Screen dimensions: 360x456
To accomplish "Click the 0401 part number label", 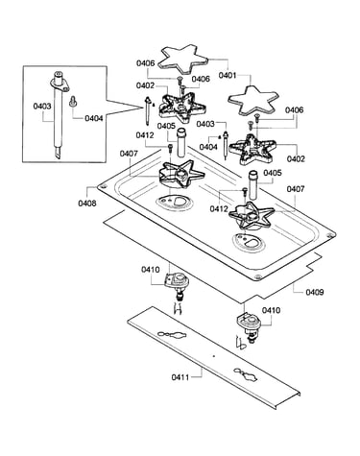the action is pyautogui.click(x=228, y=76).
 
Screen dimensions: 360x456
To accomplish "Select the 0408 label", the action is pyautogui.click(x=87, y=204).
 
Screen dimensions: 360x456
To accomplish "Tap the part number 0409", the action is pyautogui.click(x=315, y=292).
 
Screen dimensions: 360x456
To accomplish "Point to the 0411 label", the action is pyautogui.click(x=180, y=377).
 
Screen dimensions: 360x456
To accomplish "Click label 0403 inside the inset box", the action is pyautogui.click(x=42, y=106).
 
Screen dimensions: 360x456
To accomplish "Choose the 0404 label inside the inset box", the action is pyautogui.click(x=94, y=118).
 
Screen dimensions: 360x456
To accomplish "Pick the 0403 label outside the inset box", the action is pyautogui.click(x=205, y=124).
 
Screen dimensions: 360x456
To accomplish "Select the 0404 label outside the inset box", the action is pyautogui.click(x=208, y=147).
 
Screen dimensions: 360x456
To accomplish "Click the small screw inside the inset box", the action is pyautogui.click(x=73, y=102).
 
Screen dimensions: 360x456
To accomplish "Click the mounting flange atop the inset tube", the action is pyautogui.click(x=60, y=84).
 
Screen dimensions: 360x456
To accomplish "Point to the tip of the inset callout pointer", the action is pyautogui.click(x=143, y=108).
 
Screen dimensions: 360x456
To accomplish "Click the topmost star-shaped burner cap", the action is pyautogui.click(x=183, y=58).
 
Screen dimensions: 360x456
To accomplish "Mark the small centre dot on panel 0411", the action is pyautogui.click(x=214, y=356).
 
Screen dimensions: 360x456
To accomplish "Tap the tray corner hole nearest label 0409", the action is pyautogui.click(x=257, y=276).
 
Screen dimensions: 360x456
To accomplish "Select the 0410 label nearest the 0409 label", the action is pyautogui.click(x=271, y=310).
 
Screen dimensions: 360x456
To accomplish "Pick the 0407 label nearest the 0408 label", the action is pyautogui.click(x=129, y=154).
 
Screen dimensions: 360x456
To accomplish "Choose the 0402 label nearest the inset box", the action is pyautogui.click(x=145, y=85).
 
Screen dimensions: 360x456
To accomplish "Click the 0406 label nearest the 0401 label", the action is pyautogui.click(x=201, y=79).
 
